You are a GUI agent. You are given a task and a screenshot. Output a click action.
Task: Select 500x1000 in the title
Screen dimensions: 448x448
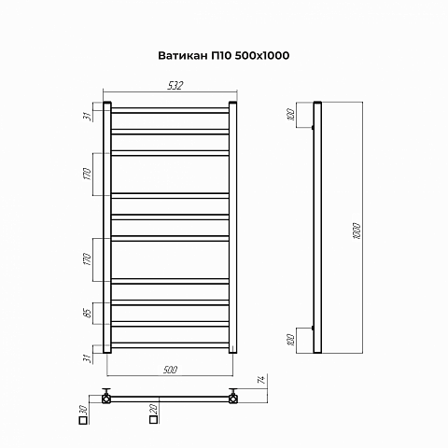[262, 56]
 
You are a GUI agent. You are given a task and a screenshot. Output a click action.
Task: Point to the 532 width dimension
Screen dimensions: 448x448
[175, 86]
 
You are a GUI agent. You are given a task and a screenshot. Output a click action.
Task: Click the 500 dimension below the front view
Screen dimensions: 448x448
[170, 370]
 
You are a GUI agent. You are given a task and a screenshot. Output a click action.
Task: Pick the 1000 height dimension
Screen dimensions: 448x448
[357, 231]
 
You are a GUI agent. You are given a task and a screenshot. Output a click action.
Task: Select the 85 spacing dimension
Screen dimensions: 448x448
[88, 313]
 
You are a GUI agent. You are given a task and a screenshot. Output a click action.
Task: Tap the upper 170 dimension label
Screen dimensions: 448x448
[88, 174]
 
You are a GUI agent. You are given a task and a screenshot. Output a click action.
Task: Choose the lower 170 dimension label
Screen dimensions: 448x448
[88, 259]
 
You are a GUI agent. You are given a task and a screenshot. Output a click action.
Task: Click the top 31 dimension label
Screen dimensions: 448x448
[88, 116]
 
